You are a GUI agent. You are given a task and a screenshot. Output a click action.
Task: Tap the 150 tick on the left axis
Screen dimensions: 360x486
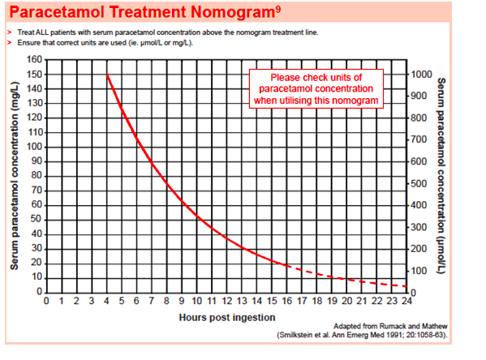pyautogui.click(x=33, y=75)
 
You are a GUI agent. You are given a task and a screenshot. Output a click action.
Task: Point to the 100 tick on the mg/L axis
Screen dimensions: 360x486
pyautogui.click(x=33, y=147)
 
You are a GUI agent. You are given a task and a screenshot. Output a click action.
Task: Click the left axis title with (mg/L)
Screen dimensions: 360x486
pyautogui.click(x=15, y=175)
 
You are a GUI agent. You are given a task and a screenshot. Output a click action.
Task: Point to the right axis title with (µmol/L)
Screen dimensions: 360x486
pyautogui.click(x=442, y=174)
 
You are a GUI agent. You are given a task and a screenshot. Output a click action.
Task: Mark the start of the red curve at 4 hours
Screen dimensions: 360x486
pyautogui.click(x=107, y=75)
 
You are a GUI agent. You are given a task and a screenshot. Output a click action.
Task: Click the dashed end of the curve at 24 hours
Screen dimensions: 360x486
pyautogui.click(x=405, y=286)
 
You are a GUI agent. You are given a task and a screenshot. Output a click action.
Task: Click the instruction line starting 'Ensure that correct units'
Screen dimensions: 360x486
pyautogui.click(x=114, y=41)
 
